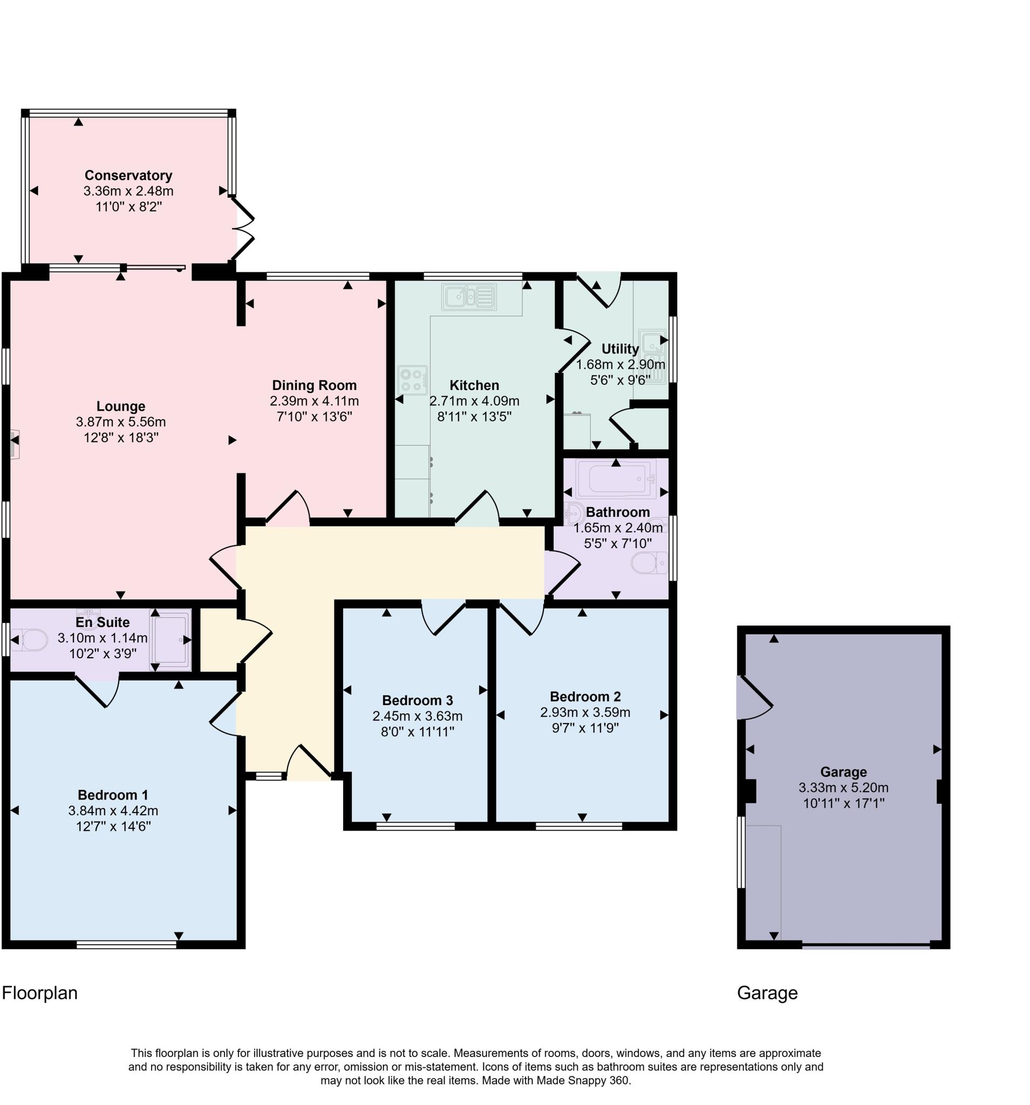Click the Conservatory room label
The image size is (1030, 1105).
(x=128, y=175)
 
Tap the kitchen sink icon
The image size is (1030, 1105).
(x=468, y=296)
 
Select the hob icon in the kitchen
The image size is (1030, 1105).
(x=412, y=380)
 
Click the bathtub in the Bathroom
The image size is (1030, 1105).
(x=615, y=479)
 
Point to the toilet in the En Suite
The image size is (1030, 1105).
(x=30, y=640)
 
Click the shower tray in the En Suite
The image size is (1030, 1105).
(x=169, y=639)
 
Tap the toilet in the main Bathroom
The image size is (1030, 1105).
(x=648, y=562)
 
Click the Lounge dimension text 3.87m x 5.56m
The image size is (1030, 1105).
(x=121, y=422)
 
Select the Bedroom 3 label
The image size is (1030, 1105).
(x=417, y=700)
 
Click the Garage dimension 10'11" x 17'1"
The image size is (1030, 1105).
(x=843, y=803)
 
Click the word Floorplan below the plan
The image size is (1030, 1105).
(x=39, y=993)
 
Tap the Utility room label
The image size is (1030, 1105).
(x=620, y=349)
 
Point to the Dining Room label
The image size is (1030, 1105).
(x=314, y=385)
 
